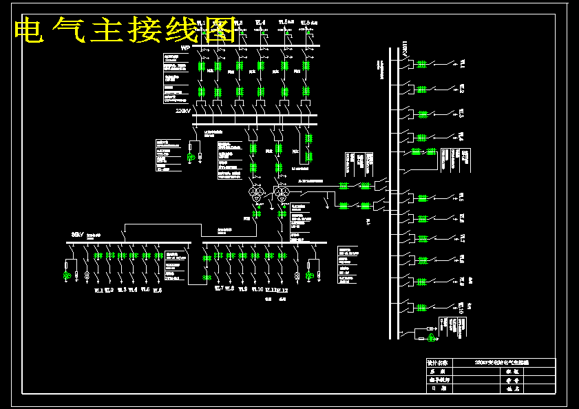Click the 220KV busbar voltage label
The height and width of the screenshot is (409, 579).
click(x=183, y=111)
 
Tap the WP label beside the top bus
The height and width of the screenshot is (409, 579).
click(x=185, y=48)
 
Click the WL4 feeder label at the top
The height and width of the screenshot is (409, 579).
click(x=260, y=23)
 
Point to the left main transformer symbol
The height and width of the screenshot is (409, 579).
click(x=257, y=194)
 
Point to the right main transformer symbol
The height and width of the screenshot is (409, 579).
click(x=280, y=194)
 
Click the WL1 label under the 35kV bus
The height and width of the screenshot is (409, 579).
click(x=98, y=291)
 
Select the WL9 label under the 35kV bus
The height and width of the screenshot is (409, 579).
click(x=242, y=290)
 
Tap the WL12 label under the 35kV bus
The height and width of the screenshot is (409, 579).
click(x=282, y=291)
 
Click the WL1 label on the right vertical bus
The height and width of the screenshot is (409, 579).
click(x=462, y=64)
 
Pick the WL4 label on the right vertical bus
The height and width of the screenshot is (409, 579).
click(x=462, y=136)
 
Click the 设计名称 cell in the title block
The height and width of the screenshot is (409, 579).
click(x=437, y=362)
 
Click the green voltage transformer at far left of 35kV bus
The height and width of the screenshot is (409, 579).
click(x=67, y=276)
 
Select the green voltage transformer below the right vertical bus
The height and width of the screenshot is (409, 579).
click(x=432, y=337)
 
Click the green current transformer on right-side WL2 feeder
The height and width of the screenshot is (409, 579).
click(x=421, y=88)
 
